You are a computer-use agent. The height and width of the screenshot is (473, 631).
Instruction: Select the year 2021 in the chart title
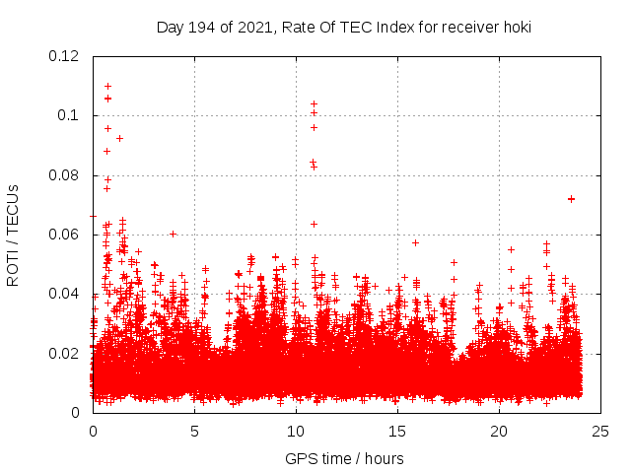(x=252, y=28)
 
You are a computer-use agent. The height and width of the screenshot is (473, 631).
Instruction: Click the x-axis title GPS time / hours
(x=344, y=458)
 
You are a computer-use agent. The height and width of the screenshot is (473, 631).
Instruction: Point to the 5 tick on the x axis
(x=194, y=431)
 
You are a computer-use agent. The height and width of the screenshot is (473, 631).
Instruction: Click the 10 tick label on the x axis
(x=296, y=431)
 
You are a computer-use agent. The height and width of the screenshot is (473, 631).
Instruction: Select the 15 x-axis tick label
(x=397, y=431)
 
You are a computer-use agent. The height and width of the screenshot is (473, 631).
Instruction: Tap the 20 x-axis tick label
(x=499, y=431)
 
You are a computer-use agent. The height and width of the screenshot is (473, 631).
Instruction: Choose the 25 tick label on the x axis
(x=600, y=431)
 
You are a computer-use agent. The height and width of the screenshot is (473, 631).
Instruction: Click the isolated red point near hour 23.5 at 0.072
(x=571, y=199)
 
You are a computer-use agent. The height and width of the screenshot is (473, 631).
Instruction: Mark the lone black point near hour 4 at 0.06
(x=173, y=234)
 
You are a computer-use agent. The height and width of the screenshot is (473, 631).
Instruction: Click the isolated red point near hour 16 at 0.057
(x=415, y=242)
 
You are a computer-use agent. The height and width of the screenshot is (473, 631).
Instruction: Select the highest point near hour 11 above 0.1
(x=314, y=103)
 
